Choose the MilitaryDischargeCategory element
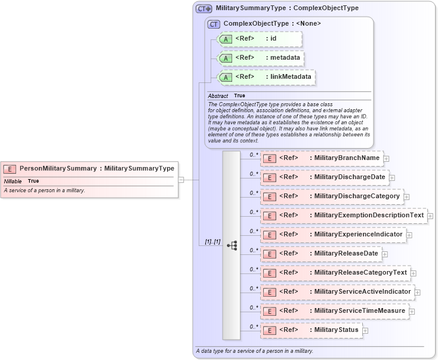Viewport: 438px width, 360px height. [x=332, y=196]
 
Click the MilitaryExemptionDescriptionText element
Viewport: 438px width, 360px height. [x=344, y=216]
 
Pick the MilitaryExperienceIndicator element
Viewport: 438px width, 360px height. [x=333, y=235]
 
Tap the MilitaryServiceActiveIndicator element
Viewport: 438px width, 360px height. [x=337, y=292]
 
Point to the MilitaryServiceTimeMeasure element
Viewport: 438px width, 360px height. [x=334, y=311]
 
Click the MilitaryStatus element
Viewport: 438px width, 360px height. [x=311, y=330]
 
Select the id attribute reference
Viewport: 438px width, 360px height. [x=260, y=39]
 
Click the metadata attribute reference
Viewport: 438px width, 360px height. [x=261, y=59]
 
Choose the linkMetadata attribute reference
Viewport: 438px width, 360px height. [x=266, y=78]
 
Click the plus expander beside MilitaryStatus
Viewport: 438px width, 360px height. [x=365, y=331]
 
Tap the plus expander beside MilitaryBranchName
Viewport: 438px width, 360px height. [x=387, y=159]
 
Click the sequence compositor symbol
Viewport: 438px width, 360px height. [x=232, y=245]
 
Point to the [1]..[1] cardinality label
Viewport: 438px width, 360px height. [x=212, y=242]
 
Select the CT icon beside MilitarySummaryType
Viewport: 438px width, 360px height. [x=204, y=9]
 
